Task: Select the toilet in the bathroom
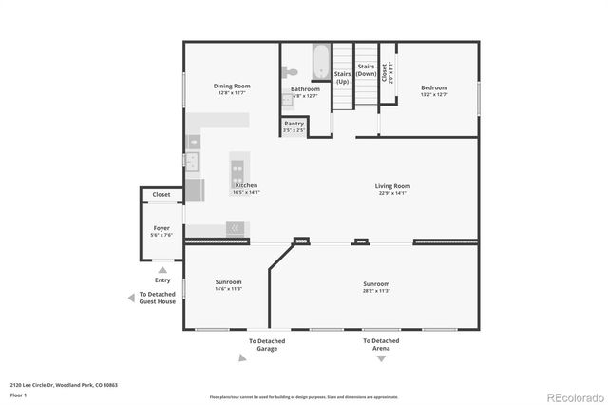pos(292,71)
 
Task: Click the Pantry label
pos(294,124)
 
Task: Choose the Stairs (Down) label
pos(367,69)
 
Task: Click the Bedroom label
pos(433,87)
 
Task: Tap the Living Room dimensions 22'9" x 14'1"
pos(391,193)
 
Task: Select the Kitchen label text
pos(246,185)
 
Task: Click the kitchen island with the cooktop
pos(237,171)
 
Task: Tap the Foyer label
pos(161,228)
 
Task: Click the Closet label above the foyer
pos(161,195)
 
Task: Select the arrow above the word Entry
pos(162,270)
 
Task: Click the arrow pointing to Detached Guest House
pos(131,298)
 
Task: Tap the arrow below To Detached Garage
pos(266,358)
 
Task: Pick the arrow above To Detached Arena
pos(380,332)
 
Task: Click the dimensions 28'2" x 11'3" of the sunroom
pos(376,290)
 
